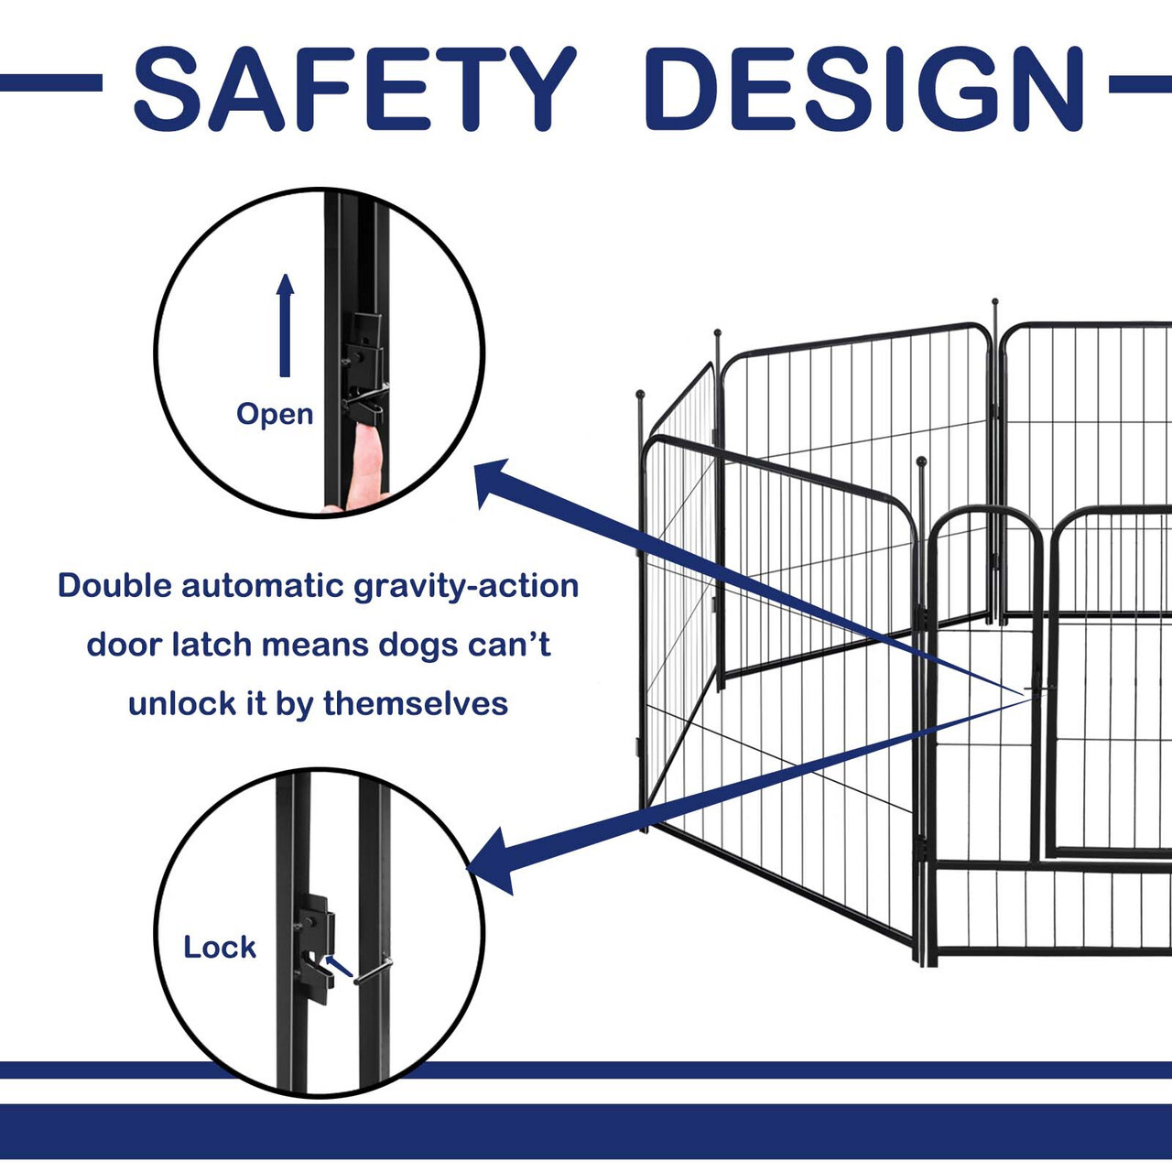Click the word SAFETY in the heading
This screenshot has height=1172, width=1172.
pyautogui.click(x=355, y=88)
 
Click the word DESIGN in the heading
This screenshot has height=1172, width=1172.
pyautogui.click(x=865, y=88)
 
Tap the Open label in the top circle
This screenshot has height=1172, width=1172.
pyautogui.click(x=275, y=415)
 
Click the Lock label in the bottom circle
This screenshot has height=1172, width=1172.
pyautogui.click(x=220, y=947)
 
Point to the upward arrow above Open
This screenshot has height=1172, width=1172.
pyautogui.click(x=285, y=325)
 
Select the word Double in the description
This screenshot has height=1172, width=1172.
pyautogui.click(x=115, y=586)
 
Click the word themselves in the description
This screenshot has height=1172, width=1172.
pyautogui.click(x=416, y=704)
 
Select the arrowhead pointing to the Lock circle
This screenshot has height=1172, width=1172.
pyautogui.click(x=492, y=862)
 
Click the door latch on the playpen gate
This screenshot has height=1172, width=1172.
pyautogui.click(x=1040, y=689)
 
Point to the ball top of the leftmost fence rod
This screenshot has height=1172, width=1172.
pyautogui.click(x=640, y=394)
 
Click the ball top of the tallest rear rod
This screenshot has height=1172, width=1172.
pyautogui.click(x=995, y=301)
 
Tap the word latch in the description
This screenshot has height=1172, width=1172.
pyautogui.click(x=212, y=645)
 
